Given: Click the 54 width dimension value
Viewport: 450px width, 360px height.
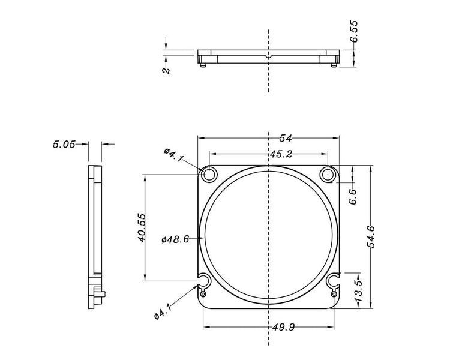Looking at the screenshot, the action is click(x=286, y=139).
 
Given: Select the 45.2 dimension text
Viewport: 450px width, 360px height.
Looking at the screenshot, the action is click(x=281, y=154).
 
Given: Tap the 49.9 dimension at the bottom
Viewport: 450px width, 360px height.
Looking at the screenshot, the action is click(x=283, y=327).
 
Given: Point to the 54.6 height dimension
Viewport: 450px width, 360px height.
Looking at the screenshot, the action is click(x=371, y=236).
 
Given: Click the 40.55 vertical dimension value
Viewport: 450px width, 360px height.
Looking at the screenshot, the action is click(x=142, y=227).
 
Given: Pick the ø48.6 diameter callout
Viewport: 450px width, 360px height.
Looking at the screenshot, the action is click(x=175, y=239).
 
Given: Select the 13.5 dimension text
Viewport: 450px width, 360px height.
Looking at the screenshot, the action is click(x=359, y=292).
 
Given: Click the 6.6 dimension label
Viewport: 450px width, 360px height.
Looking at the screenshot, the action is click(x=353, y=197).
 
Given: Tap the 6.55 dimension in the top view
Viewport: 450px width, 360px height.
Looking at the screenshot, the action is click(x=354, y=31).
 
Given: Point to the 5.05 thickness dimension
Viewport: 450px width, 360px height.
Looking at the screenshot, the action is click(x=64, y=144).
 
